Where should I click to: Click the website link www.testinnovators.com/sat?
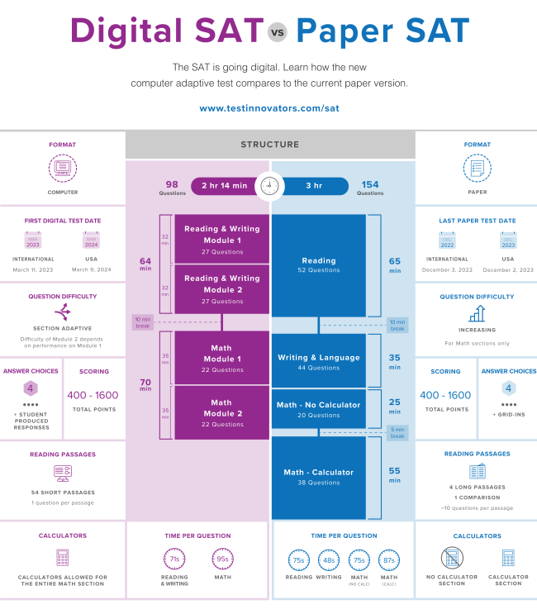[268, 108]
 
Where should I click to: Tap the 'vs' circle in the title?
[276, 34]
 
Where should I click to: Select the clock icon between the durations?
[268, 186]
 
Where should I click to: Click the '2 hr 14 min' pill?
[224, 186]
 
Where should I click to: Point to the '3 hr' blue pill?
[313, 186]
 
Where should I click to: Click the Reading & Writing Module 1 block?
[221, 240]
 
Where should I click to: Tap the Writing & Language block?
[319, 361]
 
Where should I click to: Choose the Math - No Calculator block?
[319, 409]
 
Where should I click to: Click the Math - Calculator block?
[319, 477]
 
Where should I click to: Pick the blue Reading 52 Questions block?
[319, 264]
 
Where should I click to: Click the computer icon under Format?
[62, 169]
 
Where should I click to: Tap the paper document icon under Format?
[477, 169]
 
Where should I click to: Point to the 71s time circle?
[174, 559]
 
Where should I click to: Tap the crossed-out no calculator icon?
[452, 559]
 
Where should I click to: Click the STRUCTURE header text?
[270, 145]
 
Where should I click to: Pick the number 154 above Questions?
[370, 183]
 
